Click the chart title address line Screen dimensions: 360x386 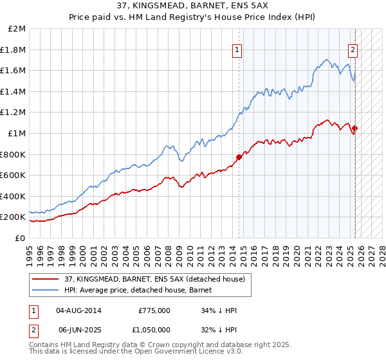[x=194, y=7]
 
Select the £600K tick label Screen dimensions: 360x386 [x=13, y=175]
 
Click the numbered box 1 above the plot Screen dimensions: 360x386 [x=237, y=50]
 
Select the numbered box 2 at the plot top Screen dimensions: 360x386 [x=353, y=50]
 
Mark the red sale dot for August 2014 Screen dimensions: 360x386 [x=239, y=157]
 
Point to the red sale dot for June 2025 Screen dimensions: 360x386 [x=354, y=128]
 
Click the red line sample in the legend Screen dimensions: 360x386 [x=45, y=280]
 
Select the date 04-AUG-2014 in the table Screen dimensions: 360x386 [x=78, y=310]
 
